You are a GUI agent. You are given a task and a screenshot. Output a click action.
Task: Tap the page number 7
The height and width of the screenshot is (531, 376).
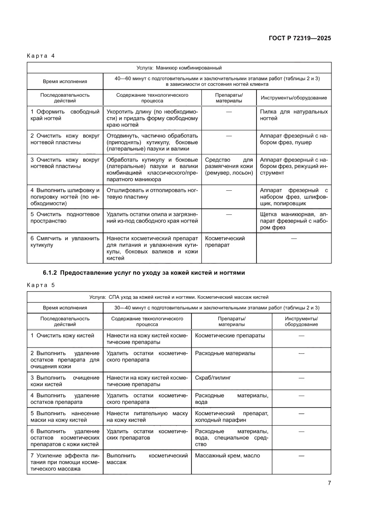329,483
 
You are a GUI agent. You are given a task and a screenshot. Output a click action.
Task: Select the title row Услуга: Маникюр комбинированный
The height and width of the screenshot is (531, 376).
179,68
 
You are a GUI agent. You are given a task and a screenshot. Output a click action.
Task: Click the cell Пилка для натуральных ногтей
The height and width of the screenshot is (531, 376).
293,115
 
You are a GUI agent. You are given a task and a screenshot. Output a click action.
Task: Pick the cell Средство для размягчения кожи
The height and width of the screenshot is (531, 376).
229,166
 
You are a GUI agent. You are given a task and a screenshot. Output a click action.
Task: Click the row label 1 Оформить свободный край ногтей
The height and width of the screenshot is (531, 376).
65,115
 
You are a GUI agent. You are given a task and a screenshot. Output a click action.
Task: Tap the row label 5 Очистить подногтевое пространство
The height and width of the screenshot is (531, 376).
65,217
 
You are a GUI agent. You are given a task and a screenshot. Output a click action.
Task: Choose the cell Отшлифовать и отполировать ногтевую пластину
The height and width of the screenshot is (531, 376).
152,194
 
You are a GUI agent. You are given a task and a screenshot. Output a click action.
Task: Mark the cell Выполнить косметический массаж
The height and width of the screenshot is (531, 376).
147,459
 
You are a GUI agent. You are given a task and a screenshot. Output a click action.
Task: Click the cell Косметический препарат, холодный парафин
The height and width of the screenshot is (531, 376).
231,417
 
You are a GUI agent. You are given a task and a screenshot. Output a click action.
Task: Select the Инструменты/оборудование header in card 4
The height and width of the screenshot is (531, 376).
293,98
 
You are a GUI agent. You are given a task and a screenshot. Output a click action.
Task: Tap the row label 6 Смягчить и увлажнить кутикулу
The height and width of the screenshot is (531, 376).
65,242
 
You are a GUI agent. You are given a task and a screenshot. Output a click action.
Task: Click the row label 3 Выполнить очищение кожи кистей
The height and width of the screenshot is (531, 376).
65,381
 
